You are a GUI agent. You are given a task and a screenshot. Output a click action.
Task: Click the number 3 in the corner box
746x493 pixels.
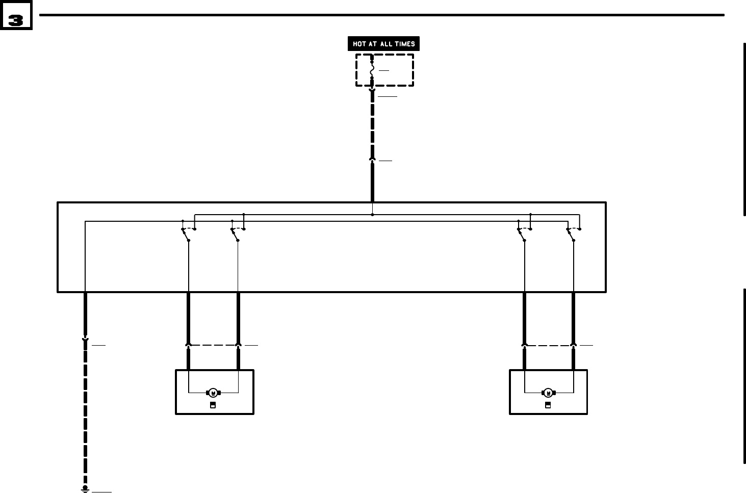(16, 20)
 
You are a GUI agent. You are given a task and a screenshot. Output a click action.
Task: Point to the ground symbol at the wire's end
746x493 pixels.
(85, 489)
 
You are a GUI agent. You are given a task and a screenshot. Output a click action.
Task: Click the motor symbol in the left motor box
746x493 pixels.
(213, 393)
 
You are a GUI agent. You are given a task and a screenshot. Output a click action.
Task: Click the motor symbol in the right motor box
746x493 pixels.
(548, 393)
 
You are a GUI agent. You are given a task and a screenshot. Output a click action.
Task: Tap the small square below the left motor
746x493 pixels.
(213, 405)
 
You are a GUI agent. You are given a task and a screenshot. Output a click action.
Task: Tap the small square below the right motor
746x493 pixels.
(548, 405)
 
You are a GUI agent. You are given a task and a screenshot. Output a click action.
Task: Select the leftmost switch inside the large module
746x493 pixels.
(186, 233)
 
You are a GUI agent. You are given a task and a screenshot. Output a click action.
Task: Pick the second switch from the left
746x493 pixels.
(236, 233)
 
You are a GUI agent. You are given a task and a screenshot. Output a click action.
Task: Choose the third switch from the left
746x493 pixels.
(522, 233)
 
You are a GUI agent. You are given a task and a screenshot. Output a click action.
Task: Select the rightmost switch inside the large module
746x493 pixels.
(571, 233)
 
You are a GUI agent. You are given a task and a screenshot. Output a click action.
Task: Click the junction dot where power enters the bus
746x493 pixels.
(372, 215)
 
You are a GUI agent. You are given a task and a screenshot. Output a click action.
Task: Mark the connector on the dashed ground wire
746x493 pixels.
(85, 339)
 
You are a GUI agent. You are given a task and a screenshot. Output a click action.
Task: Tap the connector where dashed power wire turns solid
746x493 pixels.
(372, 160)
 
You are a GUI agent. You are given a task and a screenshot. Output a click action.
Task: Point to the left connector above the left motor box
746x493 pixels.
(189, 345)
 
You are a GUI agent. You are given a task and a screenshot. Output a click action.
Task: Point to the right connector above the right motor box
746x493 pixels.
(574, 345)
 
